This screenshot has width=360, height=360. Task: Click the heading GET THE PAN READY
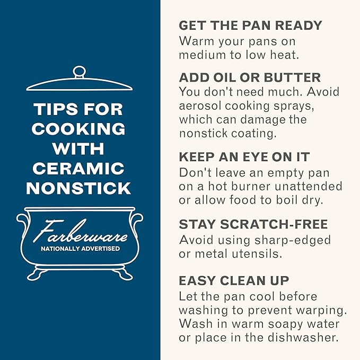click(x=250, y=25)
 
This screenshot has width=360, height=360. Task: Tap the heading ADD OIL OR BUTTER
click(x=250, y=77)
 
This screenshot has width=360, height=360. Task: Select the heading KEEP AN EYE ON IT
click(x=244, y=157)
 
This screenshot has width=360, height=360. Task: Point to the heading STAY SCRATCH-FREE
click(x=253, y=224)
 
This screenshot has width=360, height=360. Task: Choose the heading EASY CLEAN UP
click(x=234, y=280)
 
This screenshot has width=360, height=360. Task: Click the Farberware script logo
click(x=81, y=231)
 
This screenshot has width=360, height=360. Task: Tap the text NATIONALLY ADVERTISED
click(x=81, y=249)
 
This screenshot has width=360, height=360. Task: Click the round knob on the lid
click(x=79, y=72)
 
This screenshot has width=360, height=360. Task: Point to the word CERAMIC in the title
click(x=78, y=168)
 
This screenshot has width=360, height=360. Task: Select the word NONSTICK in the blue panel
click(x=78, y=188)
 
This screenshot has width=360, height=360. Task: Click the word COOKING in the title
click(x=78, y=128)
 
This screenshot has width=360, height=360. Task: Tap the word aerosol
click(x=200, y=106)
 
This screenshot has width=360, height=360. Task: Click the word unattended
click(x=309, y=186)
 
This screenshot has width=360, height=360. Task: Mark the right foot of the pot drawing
click(x=124, y=274)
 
